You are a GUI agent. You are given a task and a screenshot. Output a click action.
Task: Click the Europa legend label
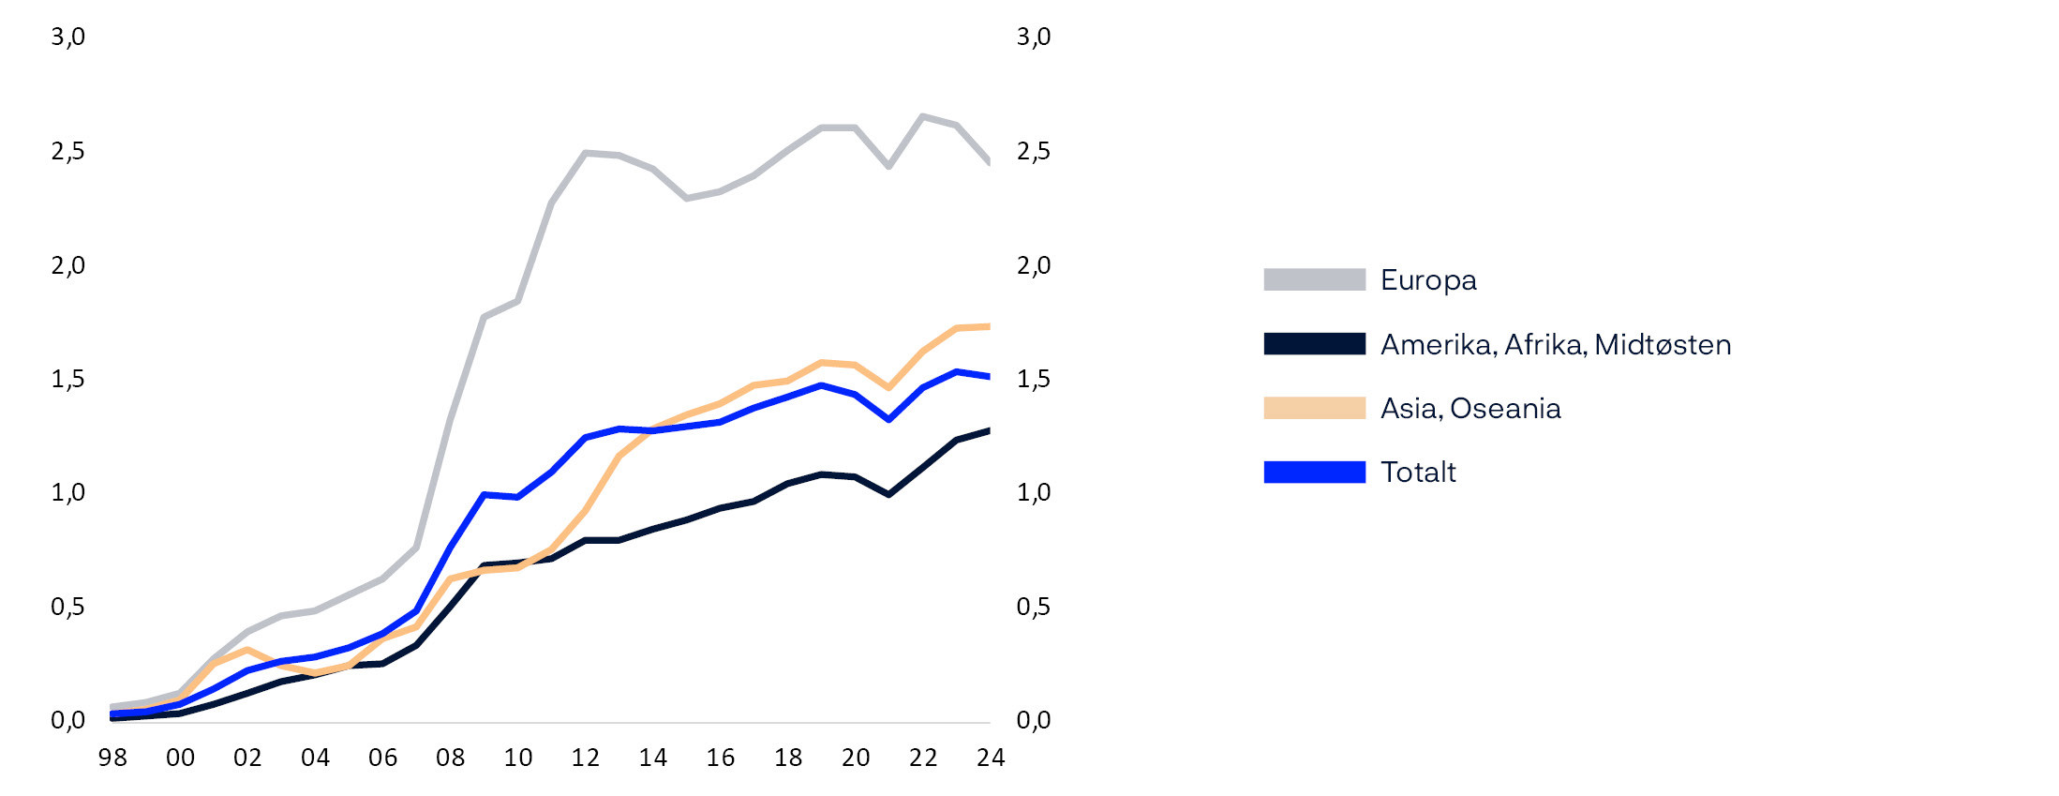pyautogui.click(x=1427, y=280)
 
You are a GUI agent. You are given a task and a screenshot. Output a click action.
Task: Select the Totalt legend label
pyautogui.click(x=1418, y=473)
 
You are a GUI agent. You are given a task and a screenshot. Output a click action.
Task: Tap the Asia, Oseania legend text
pyautogui.click(x=1470, y=409)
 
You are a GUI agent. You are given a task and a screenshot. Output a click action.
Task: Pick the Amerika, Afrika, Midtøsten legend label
pyautogui.click(x=1556, y=345)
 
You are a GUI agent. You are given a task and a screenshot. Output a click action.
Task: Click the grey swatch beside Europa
pyautogui.click(x=1314, y=279)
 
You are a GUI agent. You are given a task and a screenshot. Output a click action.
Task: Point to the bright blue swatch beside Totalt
pyautogui.click(x=1314, y=473)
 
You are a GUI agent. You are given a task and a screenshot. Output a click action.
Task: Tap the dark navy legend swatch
pyautogui.click(x=1314, y=344)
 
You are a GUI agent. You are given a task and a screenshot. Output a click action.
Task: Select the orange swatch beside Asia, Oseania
pyautogui.click(x=1314, y=408)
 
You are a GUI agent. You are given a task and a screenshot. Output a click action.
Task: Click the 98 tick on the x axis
pyautogui.click(x=112, y=758)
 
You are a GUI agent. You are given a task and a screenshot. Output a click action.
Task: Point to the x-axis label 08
pyautogui.click(x=451, y=758)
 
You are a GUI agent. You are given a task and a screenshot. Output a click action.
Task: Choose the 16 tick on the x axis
pyautogui.click(x=721, y=758)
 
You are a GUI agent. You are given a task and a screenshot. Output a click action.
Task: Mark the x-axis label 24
pyautogui.click(x=991, y=758)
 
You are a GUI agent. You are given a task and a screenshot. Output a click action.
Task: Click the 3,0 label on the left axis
pyautogui.click(x=67, y=38)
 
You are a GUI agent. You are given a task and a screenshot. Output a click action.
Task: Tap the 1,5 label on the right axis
pyautogui.click(x=1034, y=380)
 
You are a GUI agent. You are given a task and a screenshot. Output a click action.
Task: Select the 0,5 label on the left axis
pyautogui.click(x=67, y=608)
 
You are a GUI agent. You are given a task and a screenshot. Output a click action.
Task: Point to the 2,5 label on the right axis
pyautogui.click(x=1034, y=152)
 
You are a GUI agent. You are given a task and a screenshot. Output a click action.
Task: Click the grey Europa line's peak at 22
pyautogui.click(x=923, y=116)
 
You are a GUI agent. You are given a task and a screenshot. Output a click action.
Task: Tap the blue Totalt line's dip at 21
pyautogui.click(x=889, y=419)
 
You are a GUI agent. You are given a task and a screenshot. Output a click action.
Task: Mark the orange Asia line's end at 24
pyautogui.click(x=989, y=326)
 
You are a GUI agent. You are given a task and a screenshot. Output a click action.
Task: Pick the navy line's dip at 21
pyautogui.click(x=889, y=494)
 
